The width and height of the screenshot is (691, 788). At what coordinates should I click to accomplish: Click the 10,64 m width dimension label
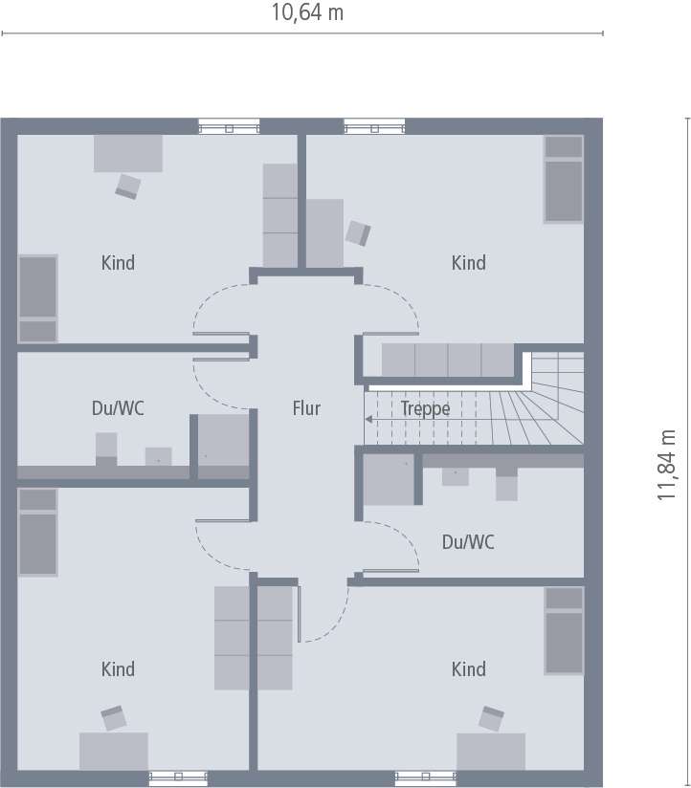[x=307, y=12]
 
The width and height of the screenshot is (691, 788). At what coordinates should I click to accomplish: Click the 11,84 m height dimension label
[x=667, y=465]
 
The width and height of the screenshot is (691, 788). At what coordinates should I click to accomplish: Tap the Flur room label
[x=306, y=408]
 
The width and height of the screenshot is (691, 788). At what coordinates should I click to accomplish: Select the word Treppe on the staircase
[x=425, y=408]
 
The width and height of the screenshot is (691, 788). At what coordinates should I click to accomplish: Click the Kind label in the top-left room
[x=118, y=263]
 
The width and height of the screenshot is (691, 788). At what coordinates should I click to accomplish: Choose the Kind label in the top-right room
[x=469, y=263]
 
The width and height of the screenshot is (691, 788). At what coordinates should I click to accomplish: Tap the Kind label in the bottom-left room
[x=118, y=669]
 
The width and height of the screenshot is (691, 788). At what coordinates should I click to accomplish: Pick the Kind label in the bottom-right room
[x=469, y=669]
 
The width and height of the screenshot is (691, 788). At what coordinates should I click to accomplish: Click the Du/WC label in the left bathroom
[x=118, y=408]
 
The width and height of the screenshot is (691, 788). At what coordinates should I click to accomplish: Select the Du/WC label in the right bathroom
[x=468, y=542]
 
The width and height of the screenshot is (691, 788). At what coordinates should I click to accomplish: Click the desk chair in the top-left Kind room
[x=127, y=186]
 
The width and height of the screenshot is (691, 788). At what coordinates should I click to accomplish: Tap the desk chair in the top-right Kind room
[x=358, y=233]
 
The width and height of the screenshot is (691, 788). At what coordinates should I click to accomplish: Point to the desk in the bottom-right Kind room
[x=491, y=752]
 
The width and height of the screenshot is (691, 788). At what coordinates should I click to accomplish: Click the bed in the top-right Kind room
[x=565, y=179]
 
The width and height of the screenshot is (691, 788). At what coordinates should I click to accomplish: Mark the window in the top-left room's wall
[x=230, y=126]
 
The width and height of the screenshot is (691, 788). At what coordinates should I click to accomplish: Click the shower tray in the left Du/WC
[x=223, y=446]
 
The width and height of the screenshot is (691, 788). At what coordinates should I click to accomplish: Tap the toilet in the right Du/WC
[x=506, y=484]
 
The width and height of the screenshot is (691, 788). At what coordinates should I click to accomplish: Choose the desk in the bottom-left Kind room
[x=114, y=752]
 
